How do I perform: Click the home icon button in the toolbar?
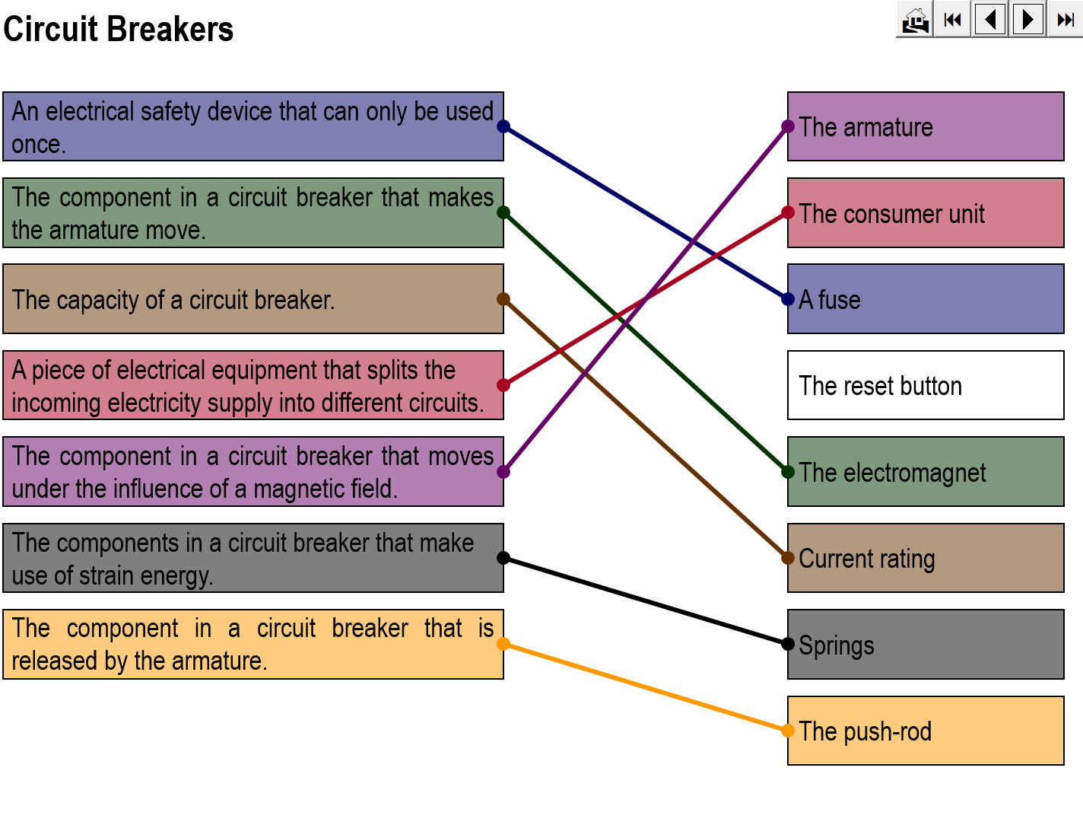915,20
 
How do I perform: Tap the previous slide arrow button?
990,19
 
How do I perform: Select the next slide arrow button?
1027,19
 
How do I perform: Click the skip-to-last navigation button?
1065,20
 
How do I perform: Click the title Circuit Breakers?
119,30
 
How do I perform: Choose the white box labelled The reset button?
926,385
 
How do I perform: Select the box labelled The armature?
926,126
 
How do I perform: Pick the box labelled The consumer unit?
926,213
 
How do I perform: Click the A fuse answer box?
926,299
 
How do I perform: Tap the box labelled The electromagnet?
926,472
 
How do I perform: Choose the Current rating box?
926,558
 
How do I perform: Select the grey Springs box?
926,645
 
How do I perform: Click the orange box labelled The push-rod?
926,731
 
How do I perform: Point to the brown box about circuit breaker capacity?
253,299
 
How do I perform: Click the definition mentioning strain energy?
253,558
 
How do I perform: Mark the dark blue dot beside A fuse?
788,299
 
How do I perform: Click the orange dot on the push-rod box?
788,731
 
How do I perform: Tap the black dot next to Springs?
788,644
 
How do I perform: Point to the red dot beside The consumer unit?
788,213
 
